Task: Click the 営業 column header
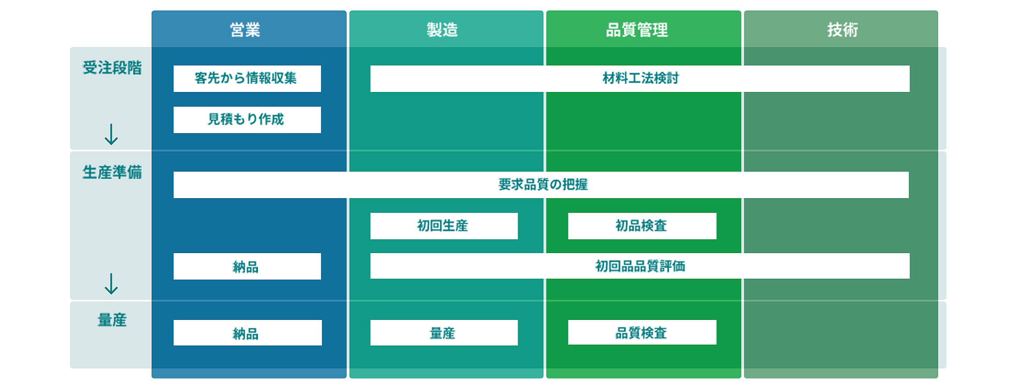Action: pos(245,30)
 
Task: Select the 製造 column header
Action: pos(442,30)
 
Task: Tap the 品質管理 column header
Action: pos(637,30)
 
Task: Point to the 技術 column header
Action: pos(842,30)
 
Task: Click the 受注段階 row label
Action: pos(112,68)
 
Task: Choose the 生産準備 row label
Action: pos(112,172)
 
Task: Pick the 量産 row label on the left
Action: pos(112,320)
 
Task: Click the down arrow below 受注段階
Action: pos(111,134)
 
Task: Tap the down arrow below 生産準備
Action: pos(111,284)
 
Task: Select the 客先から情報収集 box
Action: pos(247,79)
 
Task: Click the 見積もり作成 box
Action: pos(247,120)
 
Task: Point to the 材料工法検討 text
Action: pos(640,78)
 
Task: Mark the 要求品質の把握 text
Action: pos(543,184)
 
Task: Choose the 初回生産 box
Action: pos(444,226)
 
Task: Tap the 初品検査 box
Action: pos(642,226)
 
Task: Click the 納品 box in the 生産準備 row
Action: pos(247,266)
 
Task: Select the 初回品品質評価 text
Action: pos(640,266)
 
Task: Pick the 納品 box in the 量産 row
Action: pos(247,333)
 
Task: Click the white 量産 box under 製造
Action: pos(444,333)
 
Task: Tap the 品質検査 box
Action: pos(642,332)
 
